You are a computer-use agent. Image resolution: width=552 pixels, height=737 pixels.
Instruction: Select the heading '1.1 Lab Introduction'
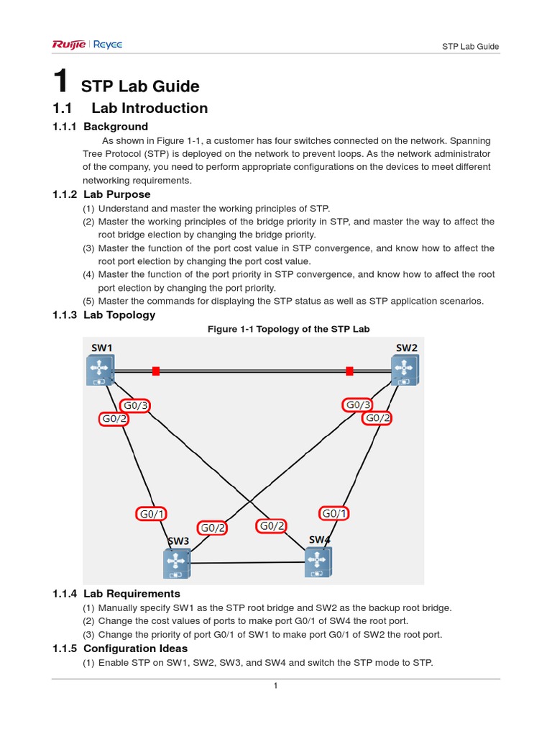click(130, 109)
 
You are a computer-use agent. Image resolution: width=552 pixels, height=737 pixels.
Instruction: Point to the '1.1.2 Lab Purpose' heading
click(101, 194)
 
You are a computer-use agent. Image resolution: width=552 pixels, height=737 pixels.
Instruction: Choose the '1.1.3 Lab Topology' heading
click(103, 315)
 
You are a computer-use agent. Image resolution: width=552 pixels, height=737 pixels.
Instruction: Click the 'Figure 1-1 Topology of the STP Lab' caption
click(288, 329)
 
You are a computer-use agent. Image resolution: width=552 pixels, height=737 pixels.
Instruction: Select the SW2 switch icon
click(405, 371)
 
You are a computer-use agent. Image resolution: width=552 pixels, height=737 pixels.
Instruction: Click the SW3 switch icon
click(176, 563)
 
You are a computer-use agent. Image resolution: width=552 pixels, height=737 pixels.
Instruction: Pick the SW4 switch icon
click(318, 561)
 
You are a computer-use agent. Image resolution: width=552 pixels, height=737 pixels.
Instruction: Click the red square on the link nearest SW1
click(156, 371)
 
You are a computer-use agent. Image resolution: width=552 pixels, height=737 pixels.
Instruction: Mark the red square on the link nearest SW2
click(349, 371)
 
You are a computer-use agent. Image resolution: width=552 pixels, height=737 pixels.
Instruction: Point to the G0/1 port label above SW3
click(152, 514)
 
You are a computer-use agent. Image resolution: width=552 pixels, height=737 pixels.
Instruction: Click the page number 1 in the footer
click(275, 686)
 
